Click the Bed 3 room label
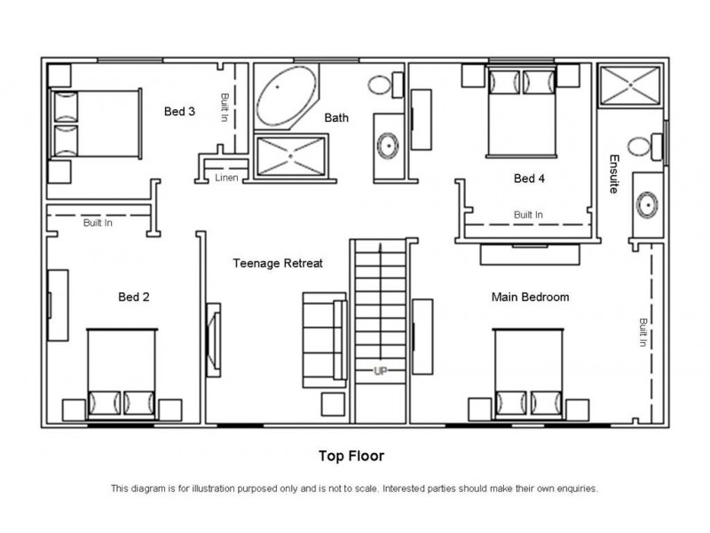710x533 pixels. [179, 112]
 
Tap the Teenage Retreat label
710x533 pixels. [278, 263]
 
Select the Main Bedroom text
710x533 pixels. [530, 298]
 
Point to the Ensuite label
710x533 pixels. [613, 174]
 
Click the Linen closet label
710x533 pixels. [226, 178]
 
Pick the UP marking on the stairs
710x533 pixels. [381, 370]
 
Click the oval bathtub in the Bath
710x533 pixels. [286, 96]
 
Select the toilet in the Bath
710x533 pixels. [385, 84]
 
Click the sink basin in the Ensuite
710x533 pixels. [647, 205]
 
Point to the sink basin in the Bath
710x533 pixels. [388, 146]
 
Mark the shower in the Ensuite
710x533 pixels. [630, 85]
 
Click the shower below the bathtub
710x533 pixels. [291, 156]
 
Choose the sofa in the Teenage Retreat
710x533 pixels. [325, 340]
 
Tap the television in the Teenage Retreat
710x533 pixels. [213, 340]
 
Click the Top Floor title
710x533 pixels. [351, 456]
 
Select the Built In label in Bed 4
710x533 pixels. [528, 215]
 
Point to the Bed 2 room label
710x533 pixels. [134, 298]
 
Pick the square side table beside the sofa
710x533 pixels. [333, 405]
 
